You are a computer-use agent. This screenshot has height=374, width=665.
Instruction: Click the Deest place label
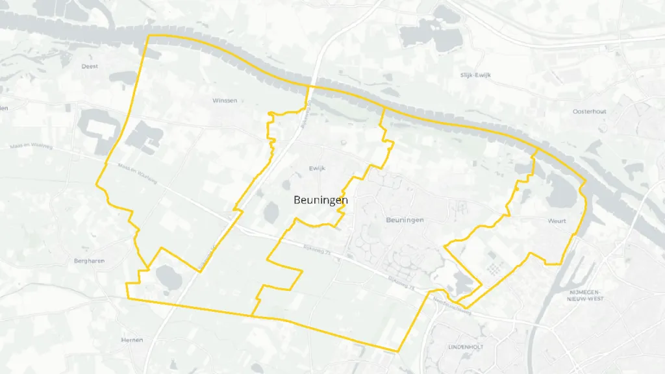pyautogui.click(x=90, y=66)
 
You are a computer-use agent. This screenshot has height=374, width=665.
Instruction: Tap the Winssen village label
pyautogui.click(x=225, y=101)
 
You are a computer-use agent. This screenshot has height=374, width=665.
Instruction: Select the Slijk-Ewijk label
pyautogui.click(x=475, y=75)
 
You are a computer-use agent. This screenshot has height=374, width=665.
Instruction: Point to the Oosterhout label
pyautogui.click(x=589, y=112)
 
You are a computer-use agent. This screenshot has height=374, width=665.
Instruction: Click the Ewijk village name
pyautogui.click(x=316, y=168)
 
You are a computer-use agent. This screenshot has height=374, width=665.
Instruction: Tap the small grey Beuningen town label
pyautogui.click(x=405, y=220)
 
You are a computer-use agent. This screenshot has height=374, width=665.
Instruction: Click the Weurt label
pyautogui.click(x=557, y=221)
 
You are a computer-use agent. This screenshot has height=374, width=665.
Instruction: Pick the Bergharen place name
pyautogui.click(x=89, y=260)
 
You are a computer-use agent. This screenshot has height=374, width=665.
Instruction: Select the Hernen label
pyautogui.click(x=132, y=340)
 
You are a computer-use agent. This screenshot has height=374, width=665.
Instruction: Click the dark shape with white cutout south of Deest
pyautogui.click(x=97, y=129)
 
